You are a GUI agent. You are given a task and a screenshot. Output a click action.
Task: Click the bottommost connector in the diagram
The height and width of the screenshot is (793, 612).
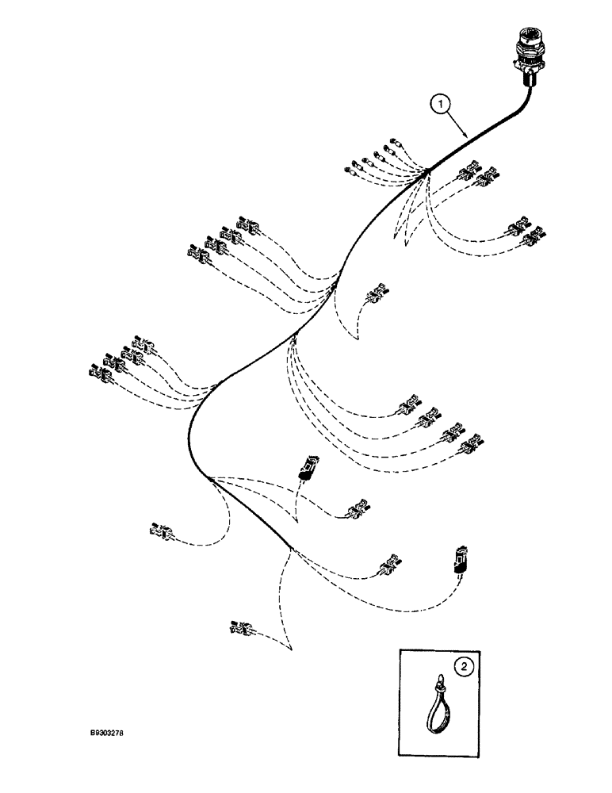tap(240, 629)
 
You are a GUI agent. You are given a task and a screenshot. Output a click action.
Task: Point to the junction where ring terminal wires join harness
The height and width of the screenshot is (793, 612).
tap(426, 170)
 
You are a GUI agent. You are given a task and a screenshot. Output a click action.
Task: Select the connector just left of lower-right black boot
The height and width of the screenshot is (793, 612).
tap(390, 565)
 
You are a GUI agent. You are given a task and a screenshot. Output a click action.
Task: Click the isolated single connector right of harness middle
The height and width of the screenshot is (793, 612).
tap(376, 294)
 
